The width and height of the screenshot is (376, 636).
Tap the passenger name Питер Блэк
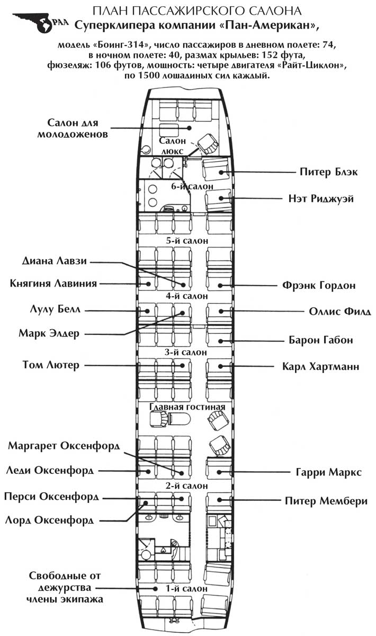(x=329, y=172)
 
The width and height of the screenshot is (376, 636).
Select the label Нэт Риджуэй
(x=321, y=198)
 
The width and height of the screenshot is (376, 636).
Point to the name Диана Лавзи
(x=55, y=261)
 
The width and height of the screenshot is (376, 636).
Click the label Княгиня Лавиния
(x=53, y=284)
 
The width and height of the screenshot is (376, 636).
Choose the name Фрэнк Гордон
(x=319, y=285)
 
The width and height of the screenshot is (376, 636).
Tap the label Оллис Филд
(x=339, y=312)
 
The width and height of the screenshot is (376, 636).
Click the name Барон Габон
(x=321, y=340)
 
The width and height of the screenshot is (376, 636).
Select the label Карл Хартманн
(x=320, y=366)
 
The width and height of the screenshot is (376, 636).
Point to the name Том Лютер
(x=51, y=365)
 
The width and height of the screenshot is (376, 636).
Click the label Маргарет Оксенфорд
(x=64, y=446)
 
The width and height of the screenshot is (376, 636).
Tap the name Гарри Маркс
(x=329, y=472)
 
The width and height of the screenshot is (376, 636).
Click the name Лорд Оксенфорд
(x=49, y=520)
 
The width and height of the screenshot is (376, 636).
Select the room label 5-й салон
(x=187, y=241)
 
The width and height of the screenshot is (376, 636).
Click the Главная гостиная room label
(x=187, y=407)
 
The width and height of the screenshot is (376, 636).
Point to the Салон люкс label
(x=172, y=146)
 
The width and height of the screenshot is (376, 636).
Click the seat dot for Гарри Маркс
(x=219, y=472)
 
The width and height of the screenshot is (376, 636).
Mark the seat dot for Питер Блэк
(x=221, y=172)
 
